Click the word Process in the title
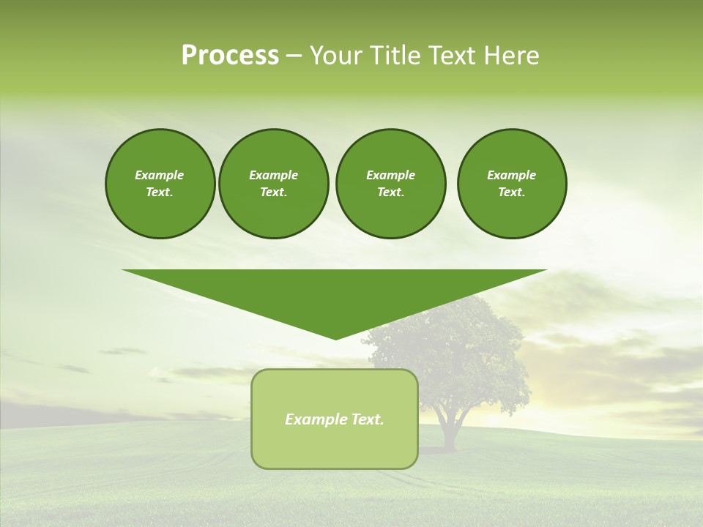[x=230, y=56]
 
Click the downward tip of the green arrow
[x=335, y=337]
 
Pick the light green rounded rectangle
[x=335, y=446]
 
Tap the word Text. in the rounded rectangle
[x=367, y=419]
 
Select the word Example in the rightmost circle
[x=511, y=175]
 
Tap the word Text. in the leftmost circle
[x=160, y=192]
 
